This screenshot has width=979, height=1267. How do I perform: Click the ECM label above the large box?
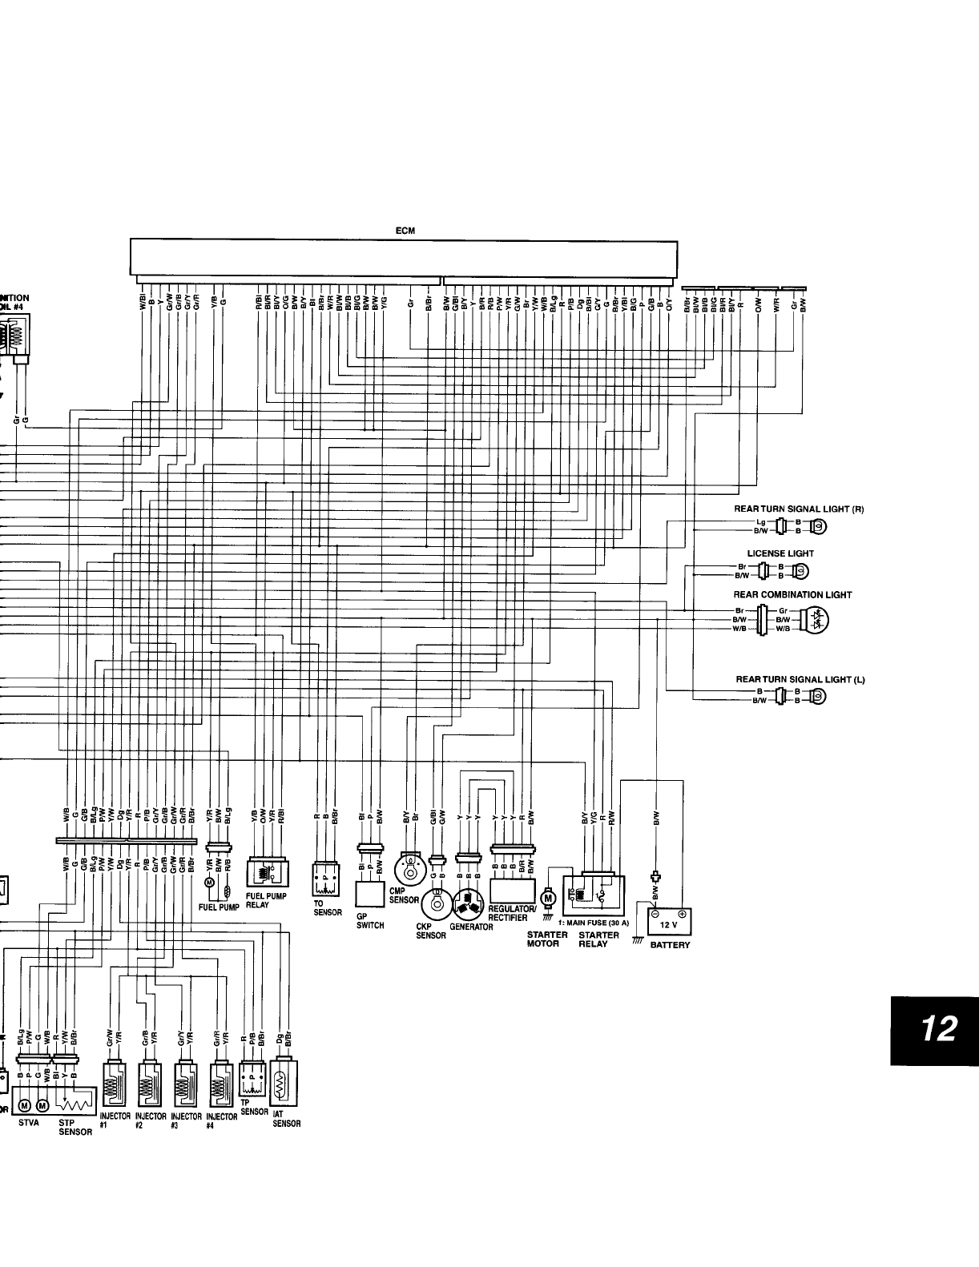point(404,231)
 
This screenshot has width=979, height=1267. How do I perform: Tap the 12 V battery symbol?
point(668,919)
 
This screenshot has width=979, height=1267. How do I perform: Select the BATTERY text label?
point(670,945)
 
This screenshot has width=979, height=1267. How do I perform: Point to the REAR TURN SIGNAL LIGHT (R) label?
point(799,509)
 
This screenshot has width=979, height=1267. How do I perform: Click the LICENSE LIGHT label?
point(780,553)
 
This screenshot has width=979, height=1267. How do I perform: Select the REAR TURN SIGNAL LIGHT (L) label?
point(800,680)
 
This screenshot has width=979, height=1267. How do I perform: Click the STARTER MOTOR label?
point(547,939)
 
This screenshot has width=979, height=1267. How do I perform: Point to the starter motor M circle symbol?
point(549,898)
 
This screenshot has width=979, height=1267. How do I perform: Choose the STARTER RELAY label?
point(598,939)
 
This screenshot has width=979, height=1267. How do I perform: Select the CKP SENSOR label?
point(431,931)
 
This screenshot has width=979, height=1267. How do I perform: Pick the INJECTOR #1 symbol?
point(114,1084)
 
